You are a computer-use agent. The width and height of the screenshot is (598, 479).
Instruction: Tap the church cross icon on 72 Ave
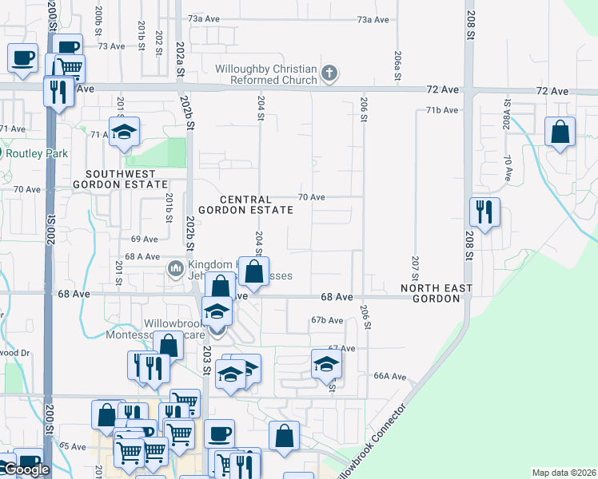(328, 74)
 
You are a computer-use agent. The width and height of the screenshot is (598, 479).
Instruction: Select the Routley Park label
(38, 153)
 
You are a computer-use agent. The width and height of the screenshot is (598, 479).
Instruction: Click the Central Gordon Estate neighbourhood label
(256, 204)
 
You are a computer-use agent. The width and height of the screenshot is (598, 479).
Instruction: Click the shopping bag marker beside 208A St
(560, 132)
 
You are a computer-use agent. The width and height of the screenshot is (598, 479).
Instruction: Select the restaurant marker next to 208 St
(484, 212)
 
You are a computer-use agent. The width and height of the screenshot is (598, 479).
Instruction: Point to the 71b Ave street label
(442, 109)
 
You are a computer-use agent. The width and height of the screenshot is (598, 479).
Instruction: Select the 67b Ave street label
(327, 319)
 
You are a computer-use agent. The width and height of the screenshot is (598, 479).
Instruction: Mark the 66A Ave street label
(391, 376)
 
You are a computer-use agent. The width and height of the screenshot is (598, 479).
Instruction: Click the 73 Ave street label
(112, 46)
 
